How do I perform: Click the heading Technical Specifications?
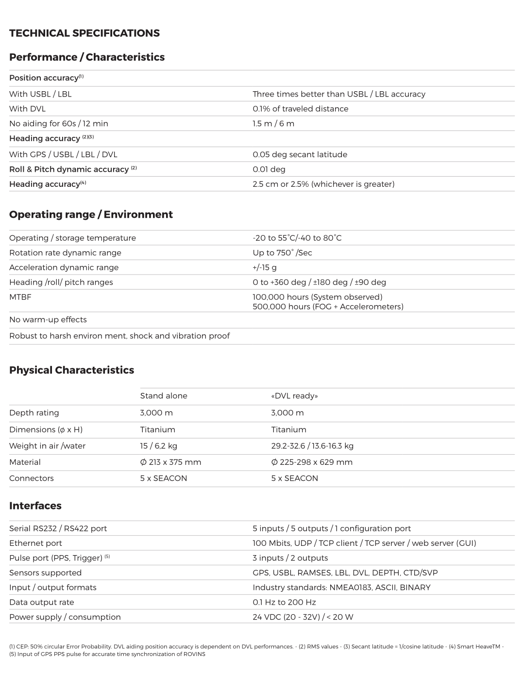point(84,33)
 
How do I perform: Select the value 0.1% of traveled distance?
point(300,109)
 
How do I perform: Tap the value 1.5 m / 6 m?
point(273,123)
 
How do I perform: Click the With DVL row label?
point(27,109)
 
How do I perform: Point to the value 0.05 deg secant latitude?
point(300,154)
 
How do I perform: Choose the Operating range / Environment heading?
point(91,214)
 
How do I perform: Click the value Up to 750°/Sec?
point(282,253)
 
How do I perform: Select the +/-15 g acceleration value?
point(265,267)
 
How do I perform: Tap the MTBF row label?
point(20,297)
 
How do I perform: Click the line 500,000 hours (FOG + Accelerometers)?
point(328,307)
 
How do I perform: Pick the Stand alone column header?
point(164,396)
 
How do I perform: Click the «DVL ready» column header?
point(294,396)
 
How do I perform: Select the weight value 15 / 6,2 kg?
point(159,446)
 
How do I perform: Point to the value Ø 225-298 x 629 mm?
point(311,462)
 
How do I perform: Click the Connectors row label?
point(32,478)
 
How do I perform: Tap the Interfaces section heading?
point(35,506)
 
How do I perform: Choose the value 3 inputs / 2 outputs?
point(290,558)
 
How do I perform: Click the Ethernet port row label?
point(35,543)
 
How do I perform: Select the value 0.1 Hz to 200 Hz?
point(284,602)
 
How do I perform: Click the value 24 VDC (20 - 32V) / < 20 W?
point(303,617)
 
